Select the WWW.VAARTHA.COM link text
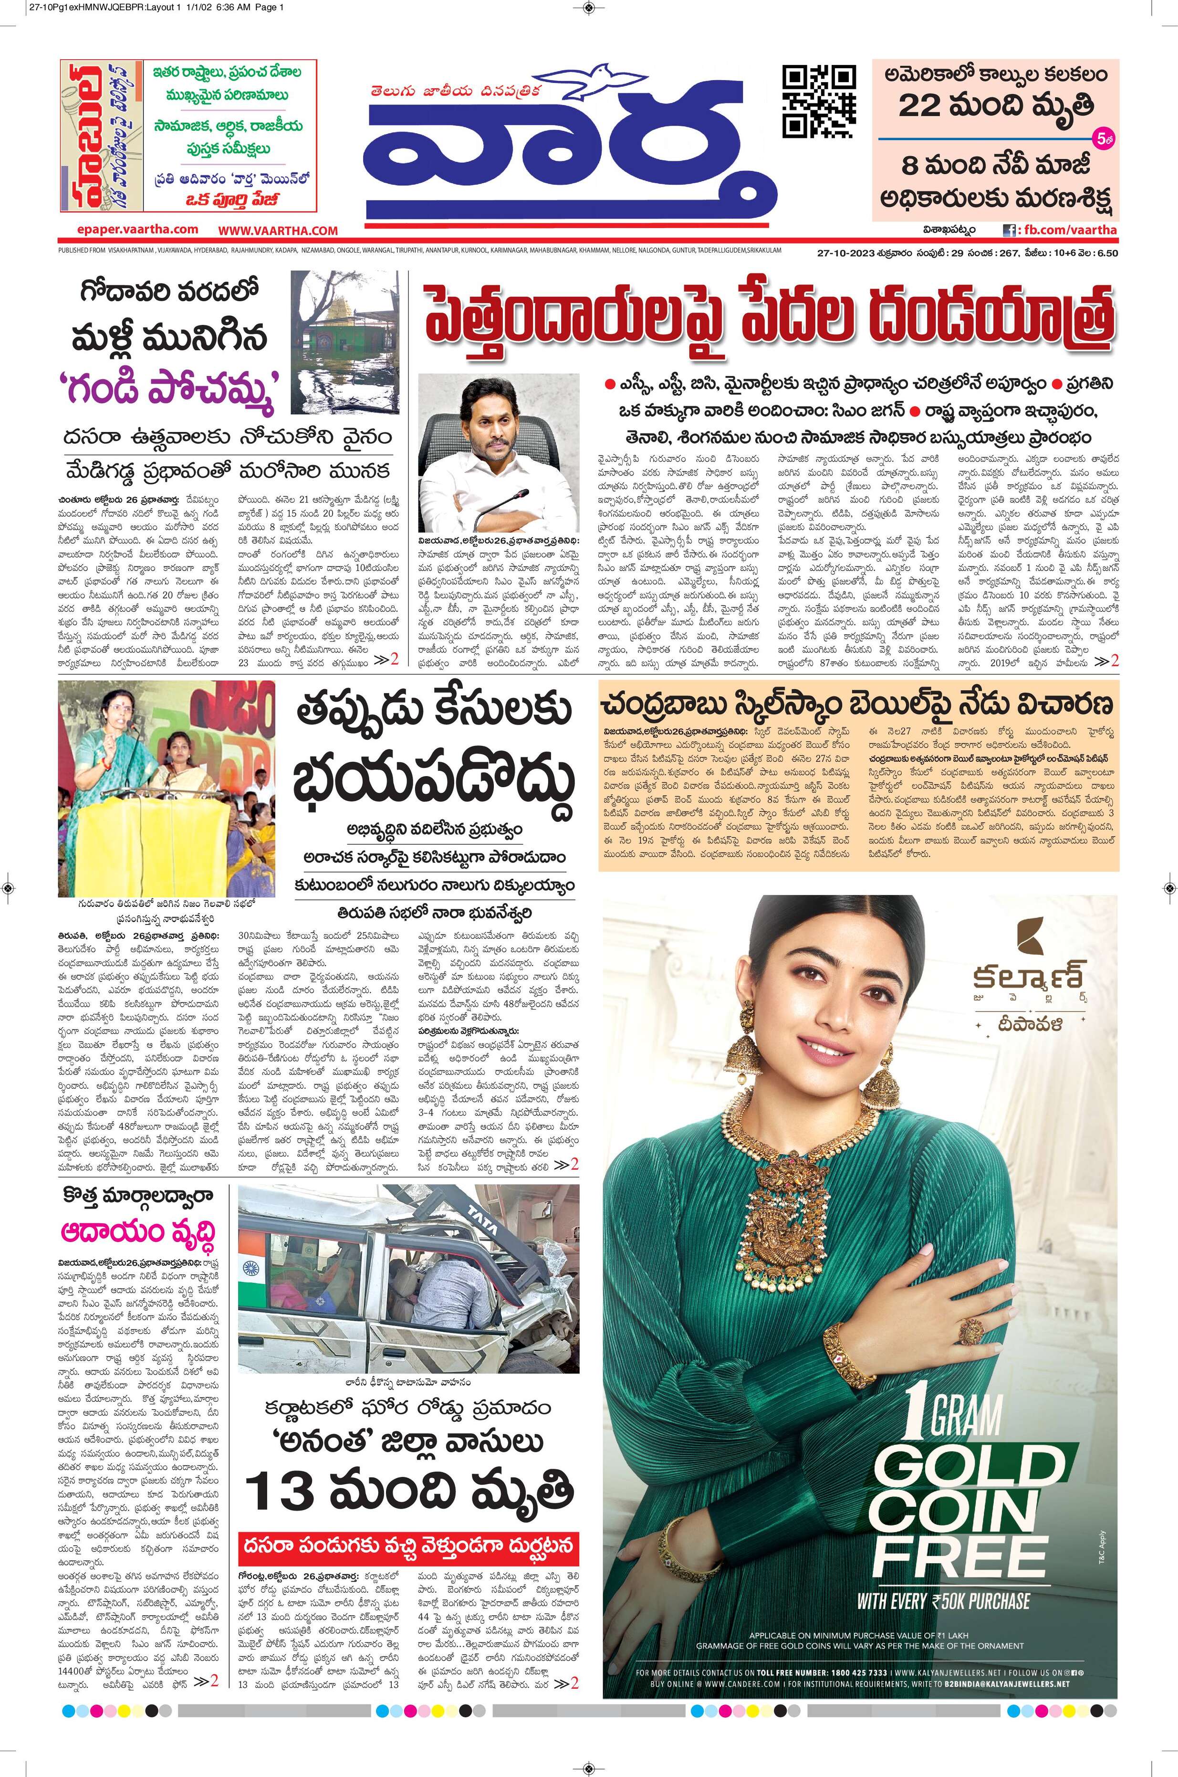(x=278, y=231)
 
